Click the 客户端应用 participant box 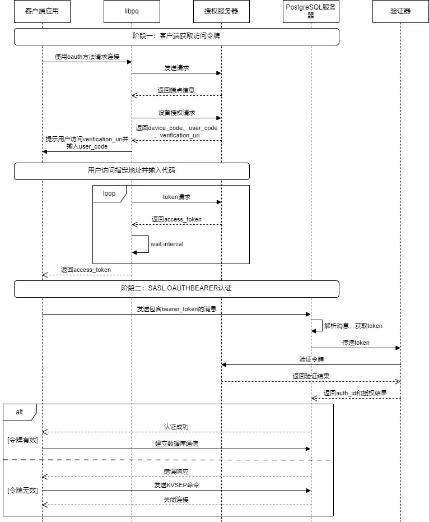coord(42,11)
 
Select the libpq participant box coord(132,11)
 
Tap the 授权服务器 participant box coord(221,11)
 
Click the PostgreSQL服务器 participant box coord(311,11)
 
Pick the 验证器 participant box coord(400,11)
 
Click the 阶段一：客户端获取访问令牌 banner coord(176,36)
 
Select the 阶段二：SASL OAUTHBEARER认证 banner coord(176,289)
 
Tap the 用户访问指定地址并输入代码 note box coord(132,171)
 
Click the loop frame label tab coord(109,194)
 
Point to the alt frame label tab coord(20,413)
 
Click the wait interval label coord(167,244)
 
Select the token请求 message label coord(176,197)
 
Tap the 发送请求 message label coord(176,68)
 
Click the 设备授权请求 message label coord(176,113)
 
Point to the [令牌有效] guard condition coord(22,440)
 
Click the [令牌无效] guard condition coord(22,491)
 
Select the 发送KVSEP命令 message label coord(176,485)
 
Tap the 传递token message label coord(356,343)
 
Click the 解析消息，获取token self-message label coord(353,326)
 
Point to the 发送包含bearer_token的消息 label coord(176,309)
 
